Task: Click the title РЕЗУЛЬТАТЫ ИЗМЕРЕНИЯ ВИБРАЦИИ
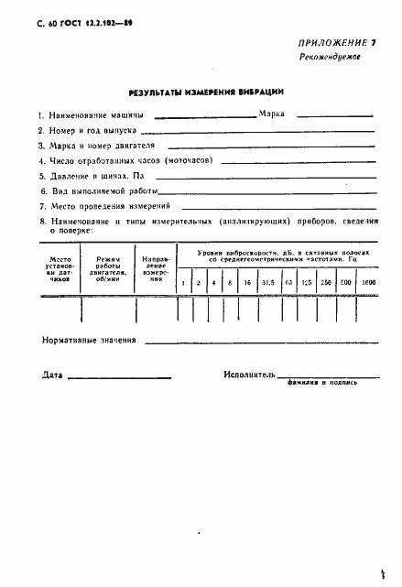pyautogui.click(x=199, y=92)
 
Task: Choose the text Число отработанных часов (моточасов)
pyautogui.click(x=125, y=160)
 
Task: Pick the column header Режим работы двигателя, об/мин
pyautogui.click(x=108, y=271)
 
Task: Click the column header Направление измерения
pyautogui.click(x=155, y=271)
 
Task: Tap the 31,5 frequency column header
pyautogui.click(x=267, y=283)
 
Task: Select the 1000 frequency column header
pyautogui.click(x=368, y=283)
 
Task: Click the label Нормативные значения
pyautogui.click(x=89, y=341)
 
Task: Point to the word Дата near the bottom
pyautogui.click(x=53, y=375)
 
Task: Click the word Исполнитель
pyautogui.click(x=248, y=375)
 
